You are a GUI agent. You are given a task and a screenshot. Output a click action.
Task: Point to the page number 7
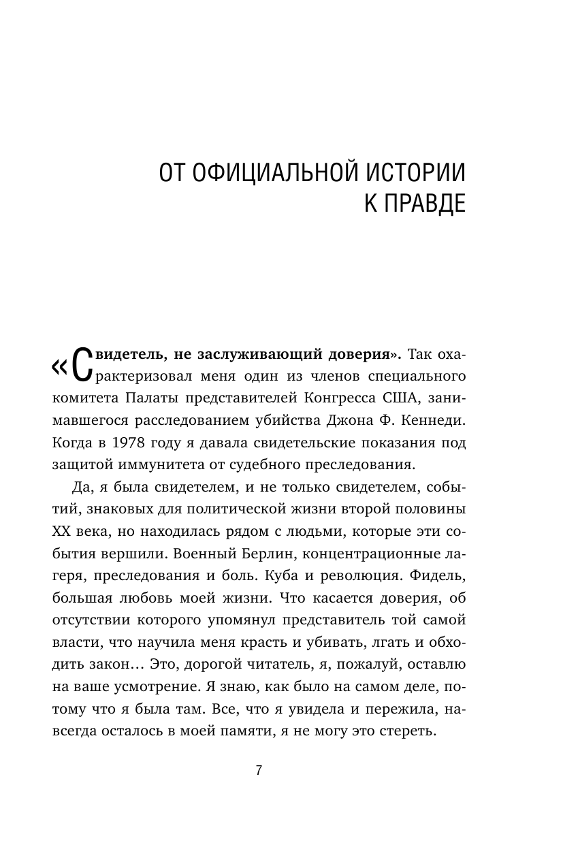coord(259,771)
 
